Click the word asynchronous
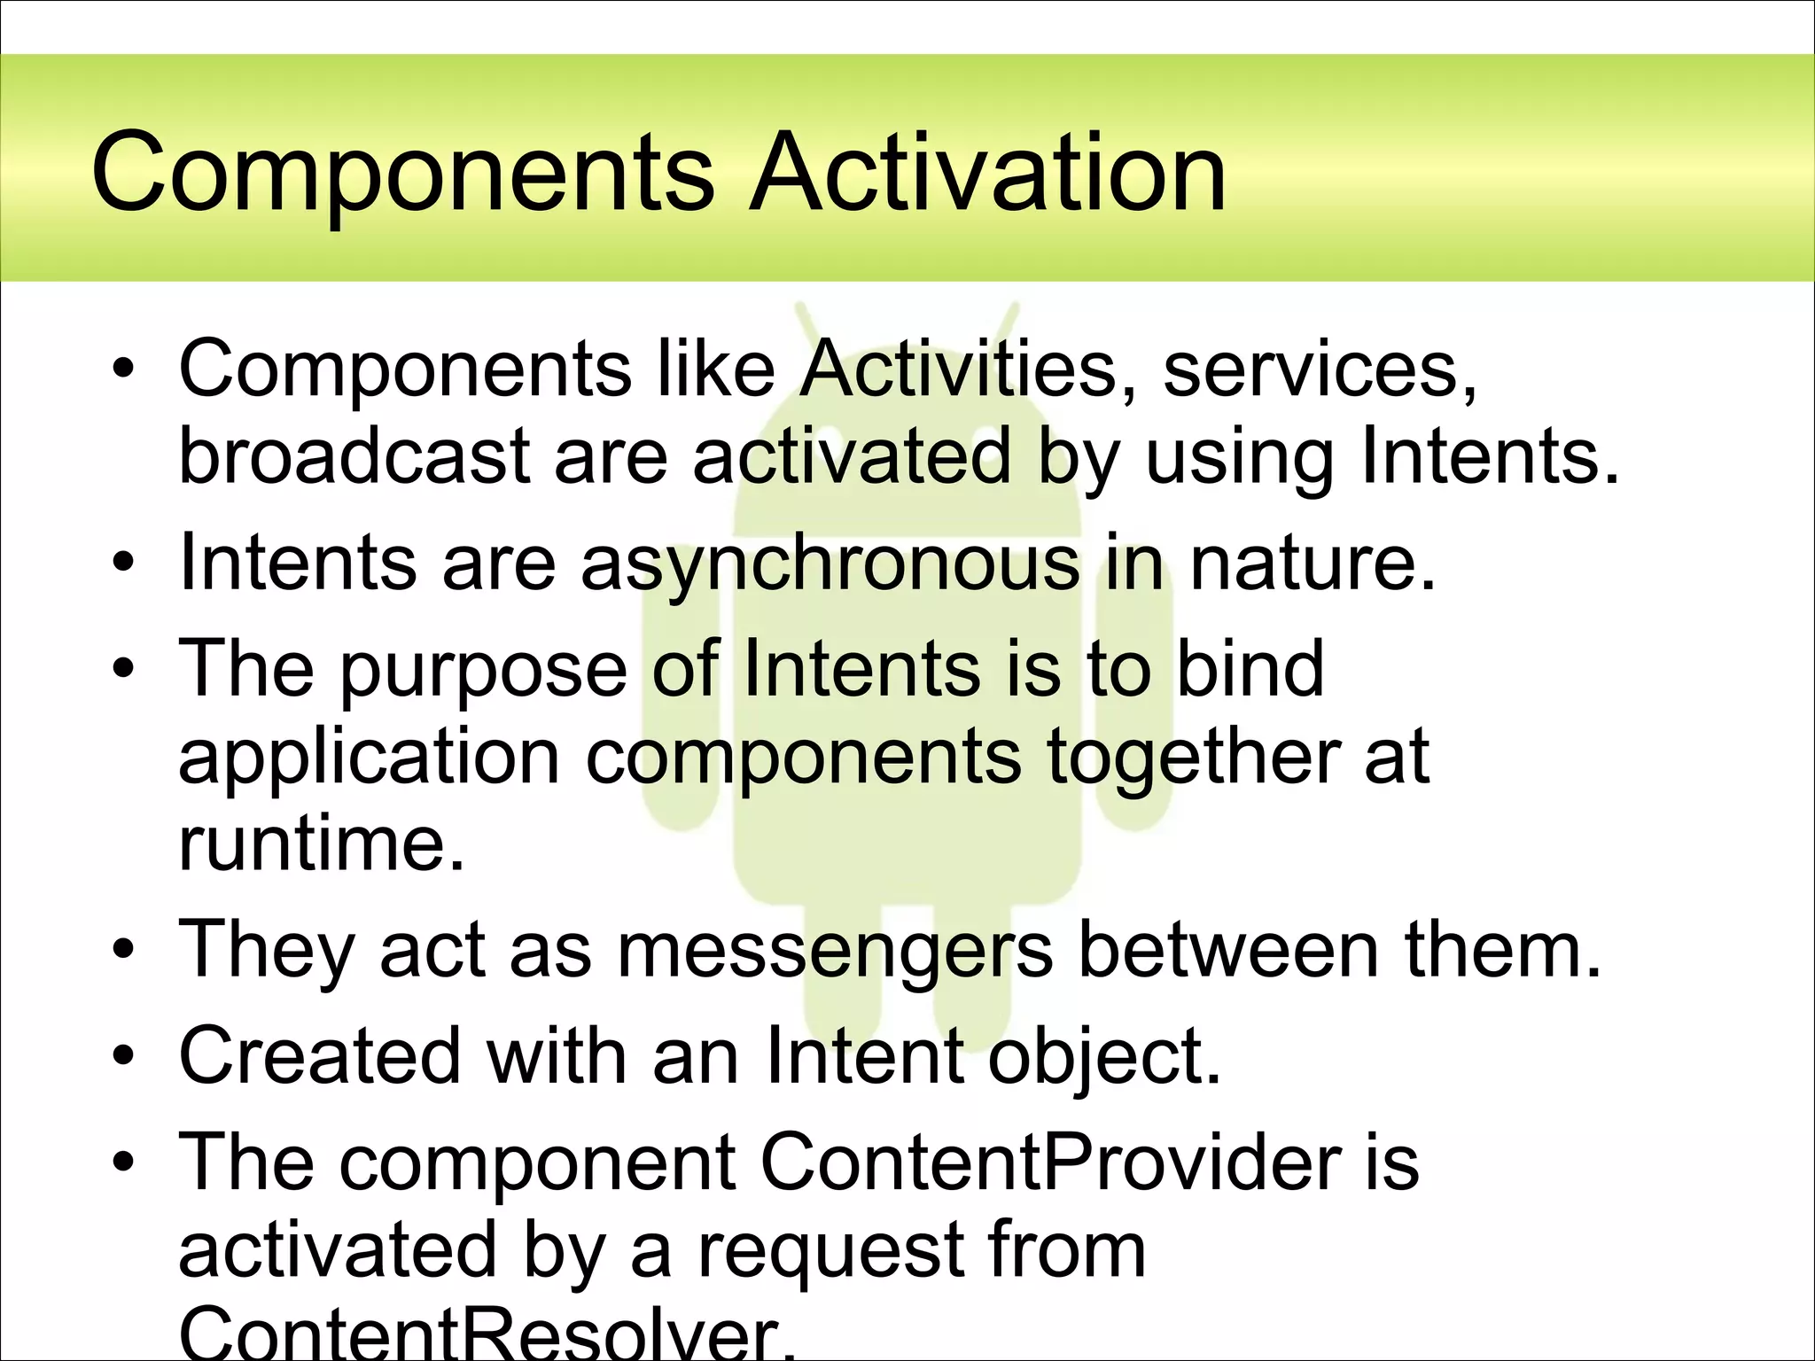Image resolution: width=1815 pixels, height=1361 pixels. point(830,564)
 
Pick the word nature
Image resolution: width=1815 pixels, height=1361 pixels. point(1312,564)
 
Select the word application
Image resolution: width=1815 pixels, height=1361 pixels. point(369,758)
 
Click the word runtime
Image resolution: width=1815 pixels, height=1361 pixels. point(322,844)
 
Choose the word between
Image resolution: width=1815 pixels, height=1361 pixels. point(1228,950)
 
